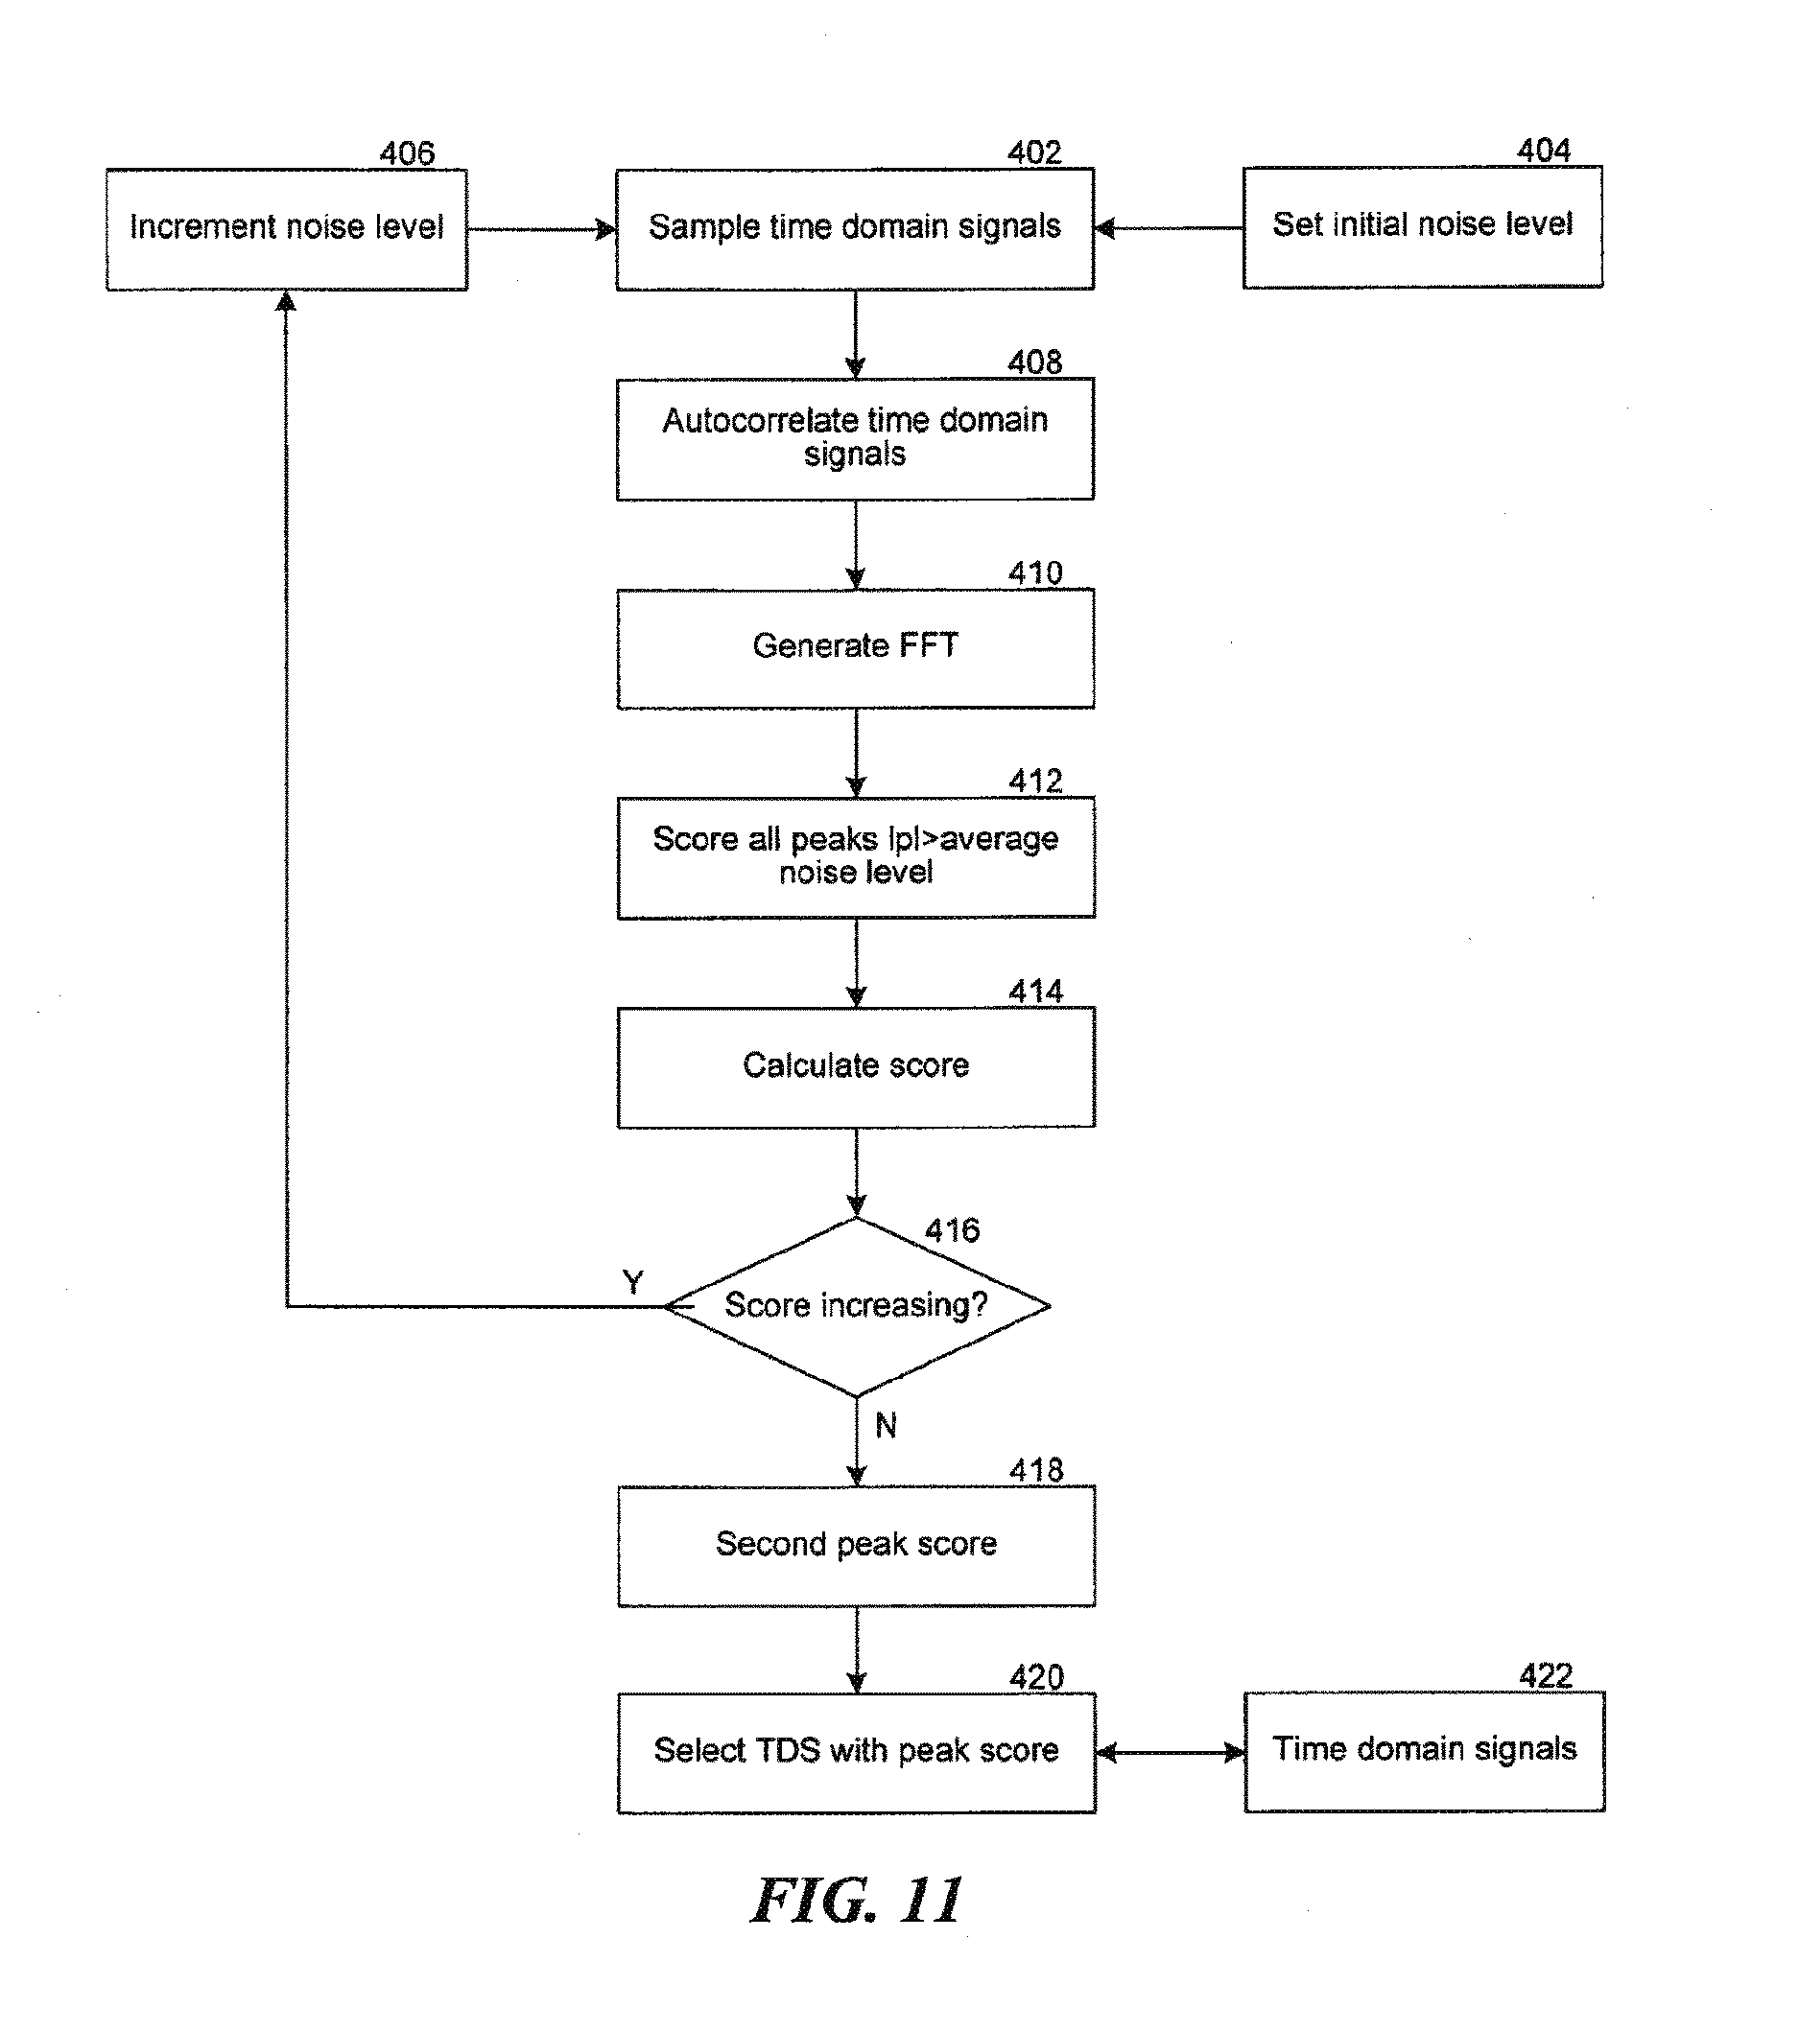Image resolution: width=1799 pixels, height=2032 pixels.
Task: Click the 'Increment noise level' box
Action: point(287,228)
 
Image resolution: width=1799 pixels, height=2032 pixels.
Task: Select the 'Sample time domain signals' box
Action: point(854,228)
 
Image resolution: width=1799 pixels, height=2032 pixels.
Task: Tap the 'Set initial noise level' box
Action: point(1422,226)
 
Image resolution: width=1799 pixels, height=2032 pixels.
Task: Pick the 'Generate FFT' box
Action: point(855,648)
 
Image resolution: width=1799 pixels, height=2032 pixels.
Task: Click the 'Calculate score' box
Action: point(855,1066)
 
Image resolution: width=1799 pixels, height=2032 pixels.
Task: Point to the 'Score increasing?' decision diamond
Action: point(855,1306)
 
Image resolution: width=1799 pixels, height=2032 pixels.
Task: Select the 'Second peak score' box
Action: point(855,1546)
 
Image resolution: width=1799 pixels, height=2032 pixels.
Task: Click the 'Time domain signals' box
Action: point(1424,1752)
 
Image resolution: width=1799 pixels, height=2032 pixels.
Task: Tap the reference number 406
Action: point(407,153)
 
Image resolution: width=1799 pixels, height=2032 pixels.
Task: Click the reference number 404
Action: point(1544,152)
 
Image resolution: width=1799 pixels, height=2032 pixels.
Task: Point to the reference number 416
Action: point(952,1230)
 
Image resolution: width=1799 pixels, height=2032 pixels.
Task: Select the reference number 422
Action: point(1546,1676)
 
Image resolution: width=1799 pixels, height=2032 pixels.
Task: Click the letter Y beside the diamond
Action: point(632,1281)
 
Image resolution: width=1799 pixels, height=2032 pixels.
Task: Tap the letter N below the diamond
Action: point(885,1426)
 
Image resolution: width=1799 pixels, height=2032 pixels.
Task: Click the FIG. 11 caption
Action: point(856,1901)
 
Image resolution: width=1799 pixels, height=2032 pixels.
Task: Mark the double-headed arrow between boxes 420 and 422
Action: point(1170,1753)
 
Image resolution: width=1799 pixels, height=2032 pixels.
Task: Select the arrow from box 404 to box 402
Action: point(1169,228)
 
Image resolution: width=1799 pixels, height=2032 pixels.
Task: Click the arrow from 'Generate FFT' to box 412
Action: point(856,753)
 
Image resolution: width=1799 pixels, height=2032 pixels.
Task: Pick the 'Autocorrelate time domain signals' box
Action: point(855,438)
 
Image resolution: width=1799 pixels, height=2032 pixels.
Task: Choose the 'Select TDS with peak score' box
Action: point(855,1753)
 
